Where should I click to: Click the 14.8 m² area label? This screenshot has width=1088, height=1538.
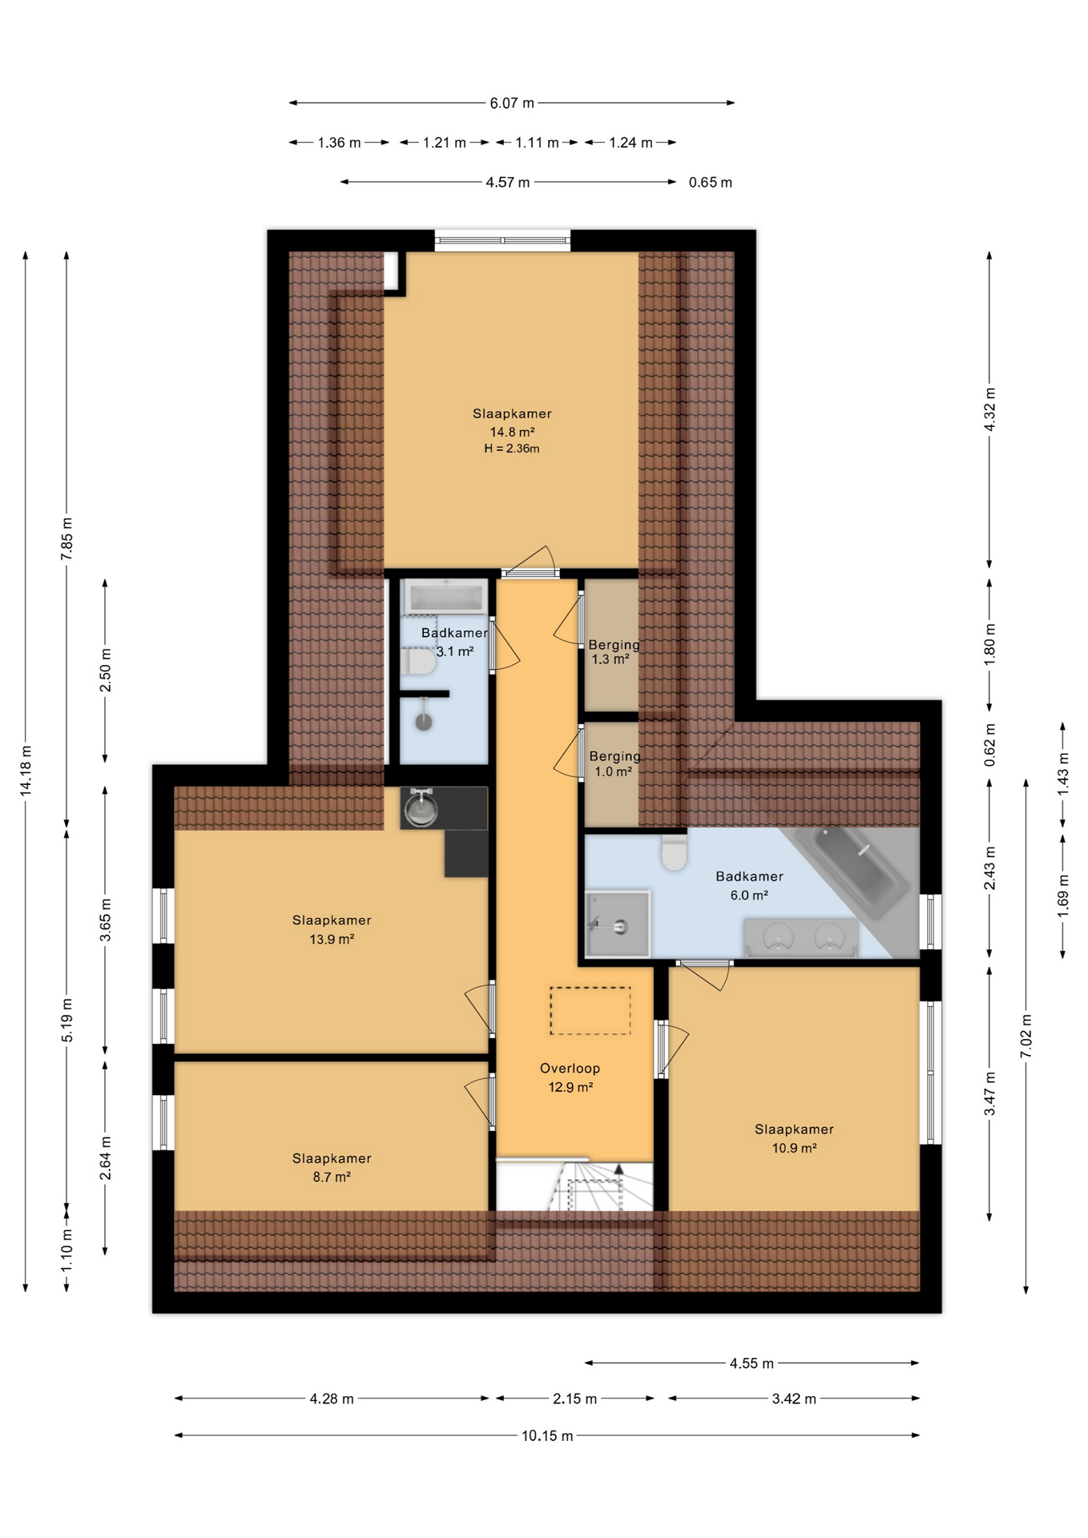(x=512, y=432)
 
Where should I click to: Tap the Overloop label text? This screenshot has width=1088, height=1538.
(x=570, y=1068)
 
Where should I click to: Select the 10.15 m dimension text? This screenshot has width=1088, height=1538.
(x=547, y=1435)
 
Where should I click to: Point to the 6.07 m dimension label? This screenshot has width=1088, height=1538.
(x=512, y=103)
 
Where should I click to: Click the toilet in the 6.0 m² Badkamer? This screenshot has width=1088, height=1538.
(x=675, y=852)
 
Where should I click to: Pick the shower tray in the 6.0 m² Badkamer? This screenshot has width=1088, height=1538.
(x=617, y=923)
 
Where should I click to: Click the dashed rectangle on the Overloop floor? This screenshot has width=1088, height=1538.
(x=590, y=1010)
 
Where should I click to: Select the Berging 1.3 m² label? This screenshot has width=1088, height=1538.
(x=614, y=652)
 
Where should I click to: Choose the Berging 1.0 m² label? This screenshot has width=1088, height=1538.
(x=615, y=763)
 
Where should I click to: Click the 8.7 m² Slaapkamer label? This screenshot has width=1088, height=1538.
(x=332, y=1167)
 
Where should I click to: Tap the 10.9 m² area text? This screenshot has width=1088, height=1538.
(x=794, y=1148)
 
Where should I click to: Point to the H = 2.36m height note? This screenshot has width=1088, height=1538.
(x=512, y=449)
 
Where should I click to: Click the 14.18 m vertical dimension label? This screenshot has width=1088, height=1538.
(x=26, y=771)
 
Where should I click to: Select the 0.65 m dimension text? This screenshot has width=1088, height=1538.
(x=711, y=183)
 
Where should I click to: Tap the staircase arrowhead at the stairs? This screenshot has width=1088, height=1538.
(x=619, y=1170)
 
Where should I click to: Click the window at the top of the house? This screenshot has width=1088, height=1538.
(x=503, y=240)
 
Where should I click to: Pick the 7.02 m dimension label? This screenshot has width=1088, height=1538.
(x=1026, y=1036)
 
